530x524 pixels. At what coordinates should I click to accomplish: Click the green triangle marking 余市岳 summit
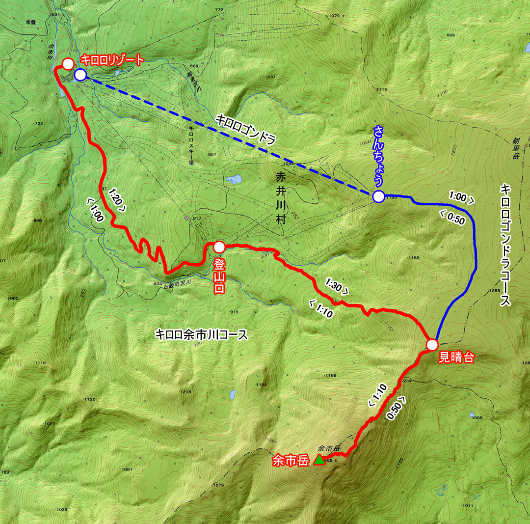pyautogui.click(x=319, y=460)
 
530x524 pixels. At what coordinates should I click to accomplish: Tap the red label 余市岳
pyautogui.click(x=290, y=461)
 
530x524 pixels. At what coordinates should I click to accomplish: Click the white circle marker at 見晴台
pyautogui.click(x=432, y=344)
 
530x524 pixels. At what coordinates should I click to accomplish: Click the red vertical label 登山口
pyautogui.click(x=219, y=276)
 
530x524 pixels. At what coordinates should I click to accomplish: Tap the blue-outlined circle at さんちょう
pyautogui.click(x=378, y=197)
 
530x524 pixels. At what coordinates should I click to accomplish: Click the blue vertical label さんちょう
pyautogui.click(x=378, y=156)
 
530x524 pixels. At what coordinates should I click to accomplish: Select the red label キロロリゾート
pyautogui.click(x=112, y=60)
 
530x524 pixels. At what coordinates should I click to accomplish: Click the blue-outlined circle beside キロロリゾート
pyautogui.click(x=80, y=75)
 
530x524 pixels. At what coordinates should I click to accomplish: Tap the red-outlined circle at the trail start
pyautogui.click(x=68, y=63)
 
